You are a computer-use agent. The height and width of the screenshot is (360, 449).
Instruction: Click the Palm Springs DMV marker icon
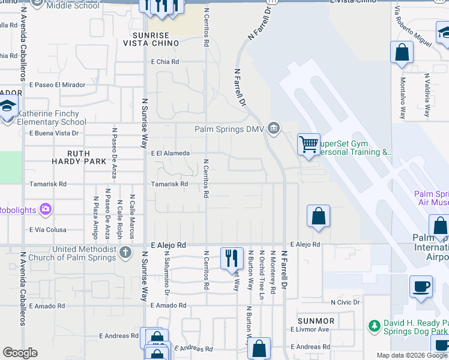click(x=274, y=128)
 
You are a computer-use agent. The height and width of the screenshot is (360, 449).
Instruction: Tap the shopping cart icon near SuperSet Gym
click(x=309, y=145)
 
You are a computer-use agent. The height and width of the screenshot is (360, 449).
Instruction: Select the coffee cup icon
click(x=421, y=286)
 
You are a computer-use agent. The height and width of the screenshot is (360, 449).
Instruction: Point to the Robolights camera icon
click(x=45, y=209)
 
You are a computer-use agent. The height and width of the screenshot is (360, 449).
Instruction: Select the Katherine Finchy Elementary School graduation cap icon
click(x=8, y=108)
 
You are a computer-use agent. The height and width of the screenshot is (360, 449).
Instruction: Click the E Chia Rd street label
click(x=165, y=62)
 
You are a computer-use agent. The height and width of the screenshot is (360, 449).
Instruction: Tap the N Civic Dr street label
click(x=345, y=302)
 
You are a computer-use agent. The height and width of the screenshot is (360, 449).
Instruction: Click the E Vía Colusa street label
click(x=49, y=230)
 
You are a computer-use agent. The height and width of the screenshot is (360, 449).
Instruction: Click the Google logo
click(x=20, y=353)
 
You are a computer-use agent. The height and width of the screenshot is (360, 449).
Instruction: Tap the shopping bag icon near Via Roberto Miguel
click(x=402, y=53)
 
